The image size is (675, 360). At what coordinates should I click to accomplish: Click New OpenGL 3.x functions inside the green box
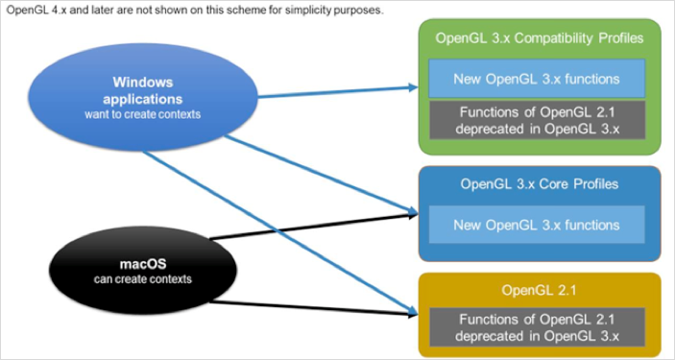tap(537, 79)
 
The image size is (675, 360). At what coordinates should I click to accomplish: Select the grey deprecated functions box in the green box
tap(537, 120)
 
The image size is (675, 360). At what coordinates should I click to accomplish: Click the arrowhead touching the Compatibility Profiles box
tap(413, 87)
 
